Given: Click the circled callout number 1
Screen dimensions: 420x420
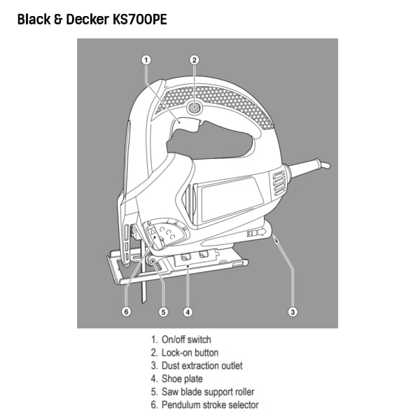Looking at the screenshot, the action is [146, 60].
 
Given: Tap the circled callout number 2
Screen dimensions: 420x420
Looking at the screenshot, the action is [195, 60].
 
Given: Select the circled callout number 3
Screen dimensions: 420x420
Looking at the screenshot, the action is [293, 311].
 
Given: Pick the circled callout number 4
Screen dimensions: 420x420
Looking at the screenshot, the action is [188, 311].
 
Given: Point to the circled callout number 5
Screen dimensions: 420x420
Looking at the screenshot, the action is [163, 311].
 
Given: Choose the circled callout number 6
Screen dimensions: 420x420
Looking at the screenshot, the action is [126, 311].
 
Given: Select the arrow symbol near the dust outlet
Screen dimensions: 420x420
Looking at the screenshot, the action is [257, 232].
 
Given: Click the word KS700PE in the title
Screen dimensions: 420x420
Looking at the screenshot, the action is [140, 20].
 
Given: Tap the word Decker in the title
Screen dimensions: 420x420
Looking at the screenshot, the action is [87, 20].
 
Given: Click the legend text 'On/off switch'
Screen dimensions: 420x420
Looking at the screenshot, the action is [186, 339].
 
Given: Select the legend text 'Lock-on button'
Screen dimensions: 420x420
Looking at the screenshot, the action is [190, 353].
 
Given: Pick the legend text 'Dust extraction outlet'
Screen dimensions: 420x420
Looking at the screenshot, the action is [202, 365].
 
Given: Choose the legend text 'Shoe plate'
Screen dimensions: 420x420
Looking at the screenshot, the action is [182, 379].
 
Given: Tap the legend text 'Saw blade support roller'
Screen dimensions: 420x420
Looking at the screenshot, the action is [208, 392].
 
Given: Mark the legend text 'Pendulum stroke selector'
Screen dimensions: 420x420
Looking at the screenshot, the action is [210, 405].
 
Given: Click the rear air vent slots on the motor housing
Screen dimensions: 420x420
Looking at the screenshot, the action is [279, 183].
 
